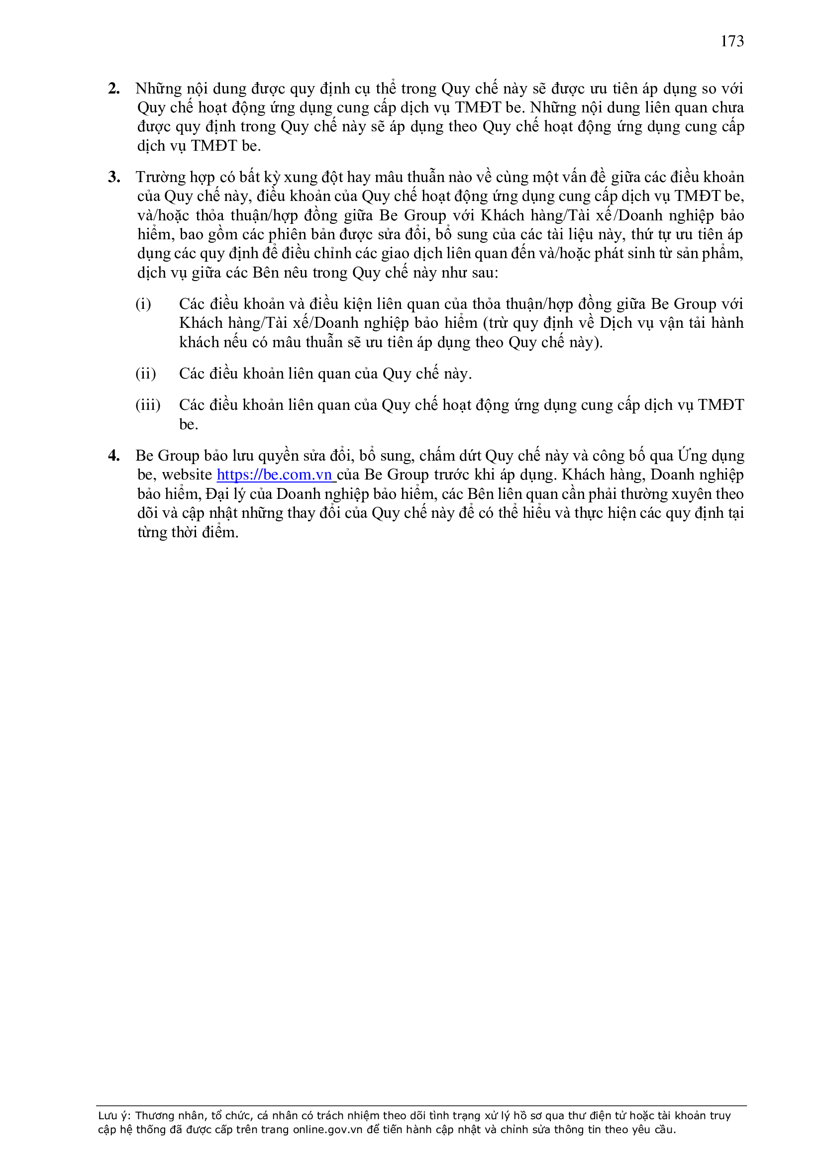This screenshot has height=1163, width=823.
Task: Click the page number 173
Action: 732,41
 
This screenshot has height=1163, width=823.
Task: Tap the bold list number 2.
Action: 113,89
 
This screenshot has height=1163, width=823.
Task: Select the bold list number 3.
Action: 113,177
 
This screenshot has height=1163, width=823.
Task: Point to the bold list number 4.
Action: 113,456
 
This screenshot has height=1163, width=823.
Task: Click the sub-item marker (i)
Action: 143,304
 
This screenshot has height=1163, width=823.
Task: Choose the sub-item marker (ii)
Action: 145,374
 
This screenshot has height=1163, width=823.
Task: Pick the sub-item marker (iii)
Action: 147,405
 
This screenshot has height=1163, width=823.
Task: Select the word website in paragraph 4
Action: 187,475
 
